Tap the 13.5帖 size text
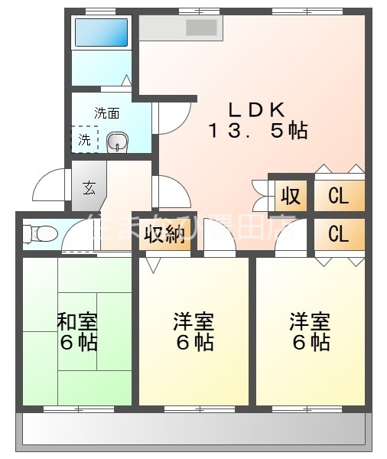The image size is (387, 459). coord(255,130)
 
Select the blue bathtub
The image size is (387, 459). coord(99,33)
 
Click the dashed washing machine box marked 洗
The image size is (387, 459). coord(84,140)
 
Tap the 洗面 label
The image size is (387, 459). coord(107,113)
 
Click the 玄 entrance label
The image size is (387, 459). coord(89,187)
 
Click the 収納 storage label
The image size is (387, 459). coord(164,234)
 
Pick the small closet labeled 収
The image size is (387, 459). coord(290,197)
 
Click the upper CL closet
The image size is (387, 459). coord(338,197)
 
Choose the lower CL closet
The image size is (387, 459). coord(338,233)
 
